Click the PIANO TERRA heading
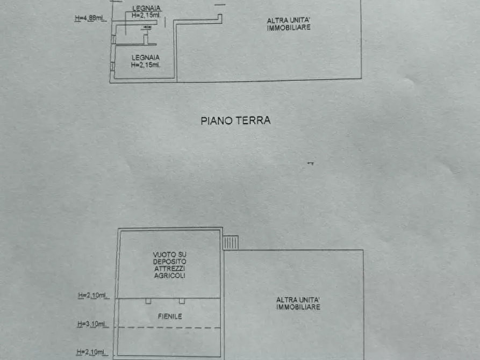pyautogui.click(x=235, y=121)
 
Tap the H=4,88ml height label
pyautogui.click(x=89, y=18)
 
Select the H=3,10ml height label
pyautogui.click(x=92, y=324)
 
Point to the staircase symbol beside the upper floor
pyautogui.click(x=231, y=243)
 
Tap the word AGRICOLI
pyautogui.click(x=169, y=275)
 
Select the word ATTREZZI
pyautogui.click(x=169, y=268)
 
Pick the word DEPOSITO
pyautogui.click(x=169, y=261)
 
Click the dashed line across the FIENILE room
pyautogui.click(x=169, y=327)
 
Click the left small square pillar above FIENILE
pyautogui.click(x=147, y=301)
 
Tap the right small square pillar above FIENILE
pyautogui.click(x=182, y=301)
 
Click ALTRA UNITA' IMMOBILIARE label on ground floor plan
pyautogui.click(x=289, y=24)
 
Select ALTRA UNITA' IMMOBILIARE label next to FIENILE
pyautogui.click(x=298, y=304)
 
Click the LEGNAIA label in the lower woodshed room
pyautogui.click(x=145, y=57)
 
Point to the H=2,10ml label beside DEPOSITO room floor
pyautogui.click(x=92, y=295)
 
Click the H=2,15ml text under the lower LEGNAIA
pyautogui.click(x=145, y=65)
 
